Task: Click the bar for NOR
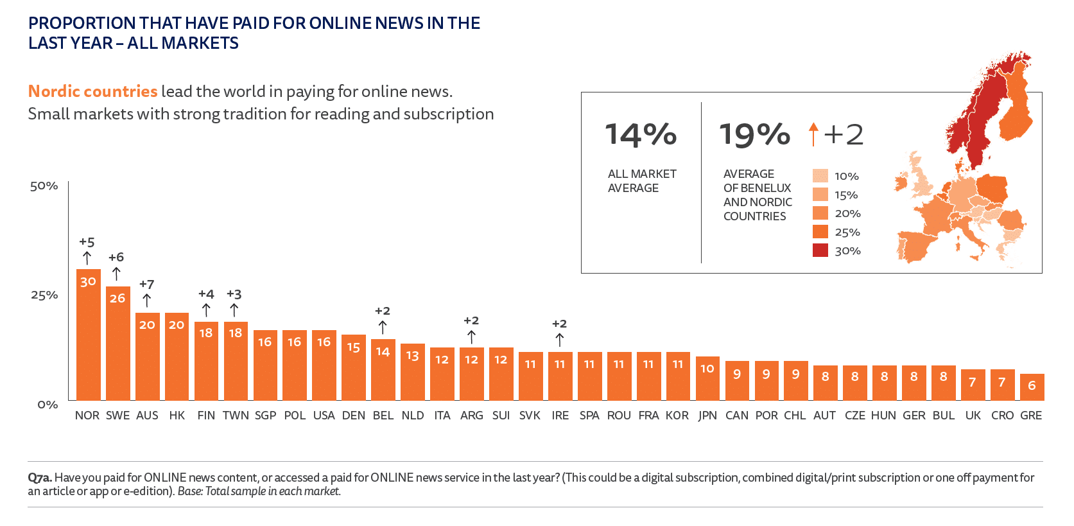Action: click(88, 335)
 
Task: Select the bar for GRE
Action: click(1032, 387)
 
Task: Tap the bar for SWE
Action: click(117, 344)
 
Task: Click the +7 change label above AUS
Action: click(147, 284)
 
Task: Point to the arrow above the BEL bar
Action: click(383, 327)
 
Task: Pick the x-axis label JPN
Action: click(707, 416)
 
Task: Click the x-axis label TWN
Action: click(236, 416)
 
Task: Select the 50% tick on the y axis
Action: click(44, 186)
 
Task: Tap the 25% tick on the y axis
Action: click(44, 295)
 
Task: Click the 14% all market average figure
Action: click(641, 135)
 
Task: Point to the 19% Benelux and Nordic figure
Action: click(754, 135)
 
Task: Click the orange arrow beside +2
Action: click(813, 134)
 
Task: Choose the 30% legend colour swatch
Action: click(820, 250)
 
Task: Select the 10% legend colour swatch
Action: click(820, 176)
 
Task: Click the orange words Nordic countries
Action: click(92, 91)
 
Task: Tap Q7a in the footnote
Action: click(39, 478)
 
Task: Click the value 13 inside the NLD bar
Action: click(412, 356)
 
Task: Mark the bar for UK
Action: click(973, 385)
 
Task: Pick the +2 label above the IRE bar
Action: click(559, 324)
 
